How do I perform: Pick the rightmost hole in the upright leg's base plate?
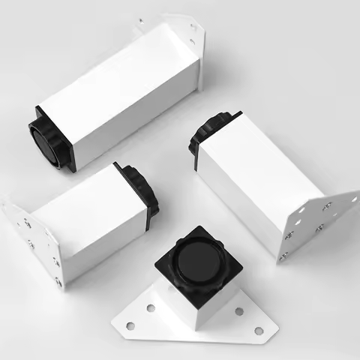[x=259, y=330]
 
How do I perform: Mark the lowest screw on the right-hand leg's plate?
[x=283, y=256]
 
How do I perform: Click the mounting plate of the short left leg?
[x=34, y=240]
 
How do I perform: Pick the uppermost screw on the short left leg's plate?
[x=26, y=222]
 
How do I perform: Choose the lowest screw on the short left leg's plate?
[x=58, y=282]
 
